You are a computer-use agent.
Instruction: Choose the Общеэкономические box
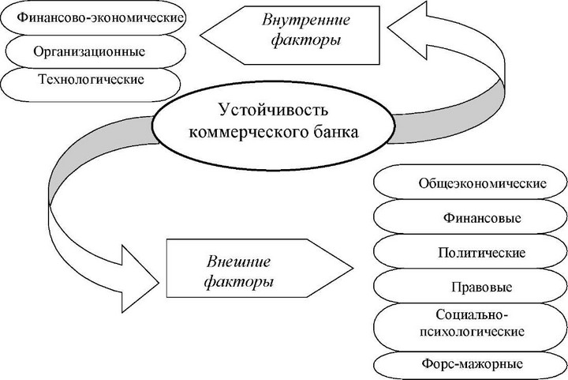470,184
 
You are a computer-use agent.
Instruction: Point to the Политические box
470,253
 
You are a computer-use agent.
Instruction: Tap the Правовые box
470,286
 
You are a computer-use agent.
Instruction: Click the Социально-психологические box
470,325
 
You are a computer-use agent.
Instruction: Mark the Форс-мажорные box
470,364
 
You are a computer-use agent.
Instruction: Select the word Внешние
237,261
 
